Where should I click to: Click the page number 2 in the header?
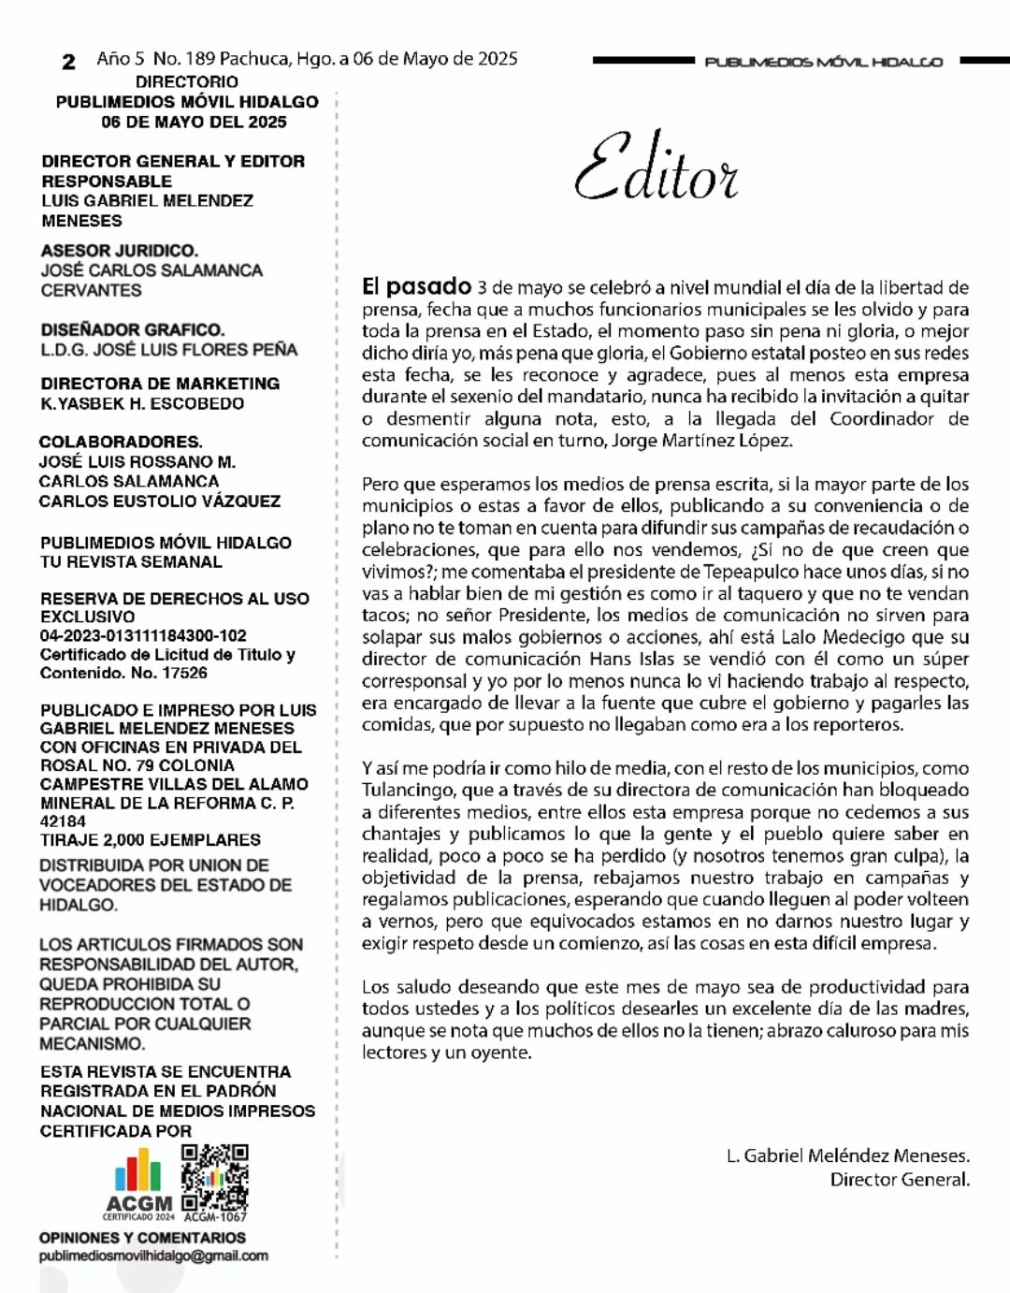pyautogui.click(x=68, y=63)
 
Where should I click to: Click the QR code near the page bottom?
pyautogui.click(x=215, y=1177)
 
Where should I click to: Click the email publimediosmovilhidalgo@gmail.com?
pyautogui.click(x=153, y=1256)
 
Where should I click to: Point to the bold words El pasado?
pyautogui.click(x=416, y=286)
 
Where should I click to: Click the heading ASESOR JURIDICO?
pyautogui.click(x=119, y=251)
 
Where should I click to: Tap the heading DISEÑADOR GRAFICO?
pyautogui.click(x=132, y=329)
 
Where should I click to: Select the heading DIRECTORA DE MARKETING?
pyautogui.click(x=160, y=384)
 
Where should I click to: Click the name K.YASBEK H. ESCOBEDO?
pyautogui.click(x=142, y=403)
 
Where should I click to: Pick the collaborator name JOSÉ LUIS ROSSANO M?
pyautogui.click(x=137, y=461)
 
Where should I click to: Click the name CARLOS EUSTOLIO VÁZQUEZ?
pyautogui.click(x=159, y=501)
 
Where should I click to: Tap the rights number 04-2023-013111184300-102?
pyautogui.click(x=143, y=635)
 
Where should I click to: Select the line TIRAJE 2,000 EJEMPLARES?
pyautogui.click(x=150, y=839)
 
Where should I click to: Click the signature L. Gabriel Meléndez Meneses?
pyautogui.click(x=847, y=1155)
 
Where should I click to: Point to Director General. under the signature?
pyautogui.click(x=900, y=1179)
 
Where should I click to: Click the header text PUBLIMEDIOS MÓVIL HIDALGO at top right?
pyautogui.click(x=823, y=62)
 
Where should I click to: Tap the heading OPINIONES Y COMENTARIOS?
pyautogui.click(x=142, y=1237)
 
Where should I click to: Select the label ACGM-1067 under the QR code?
pyautogui.click(x=215, y=1217)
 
